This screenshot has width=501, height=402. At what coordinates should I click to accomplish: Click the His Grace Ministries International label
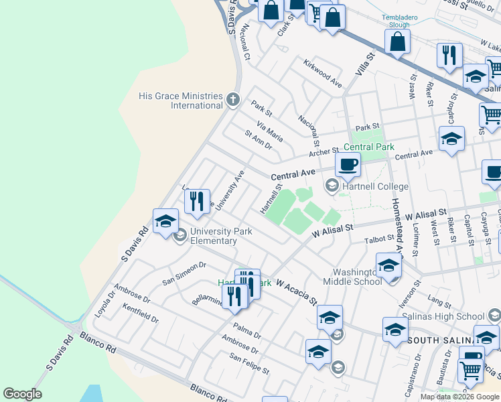[181, 100]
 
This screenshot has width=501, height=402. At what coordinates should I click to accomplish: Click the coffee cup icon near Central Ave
[348, 165]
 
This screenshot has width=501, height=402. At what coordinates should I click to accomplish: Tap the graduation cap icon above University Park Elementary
[165, 222]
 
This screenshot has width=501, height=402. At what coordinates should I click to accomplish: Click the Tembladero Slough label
[400, 20]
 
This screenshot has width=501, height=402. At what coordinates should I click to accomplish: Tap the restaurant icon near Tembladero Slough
[449, 55]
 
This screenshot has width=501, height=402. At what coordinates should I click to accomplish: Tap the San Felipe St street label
[249, 365]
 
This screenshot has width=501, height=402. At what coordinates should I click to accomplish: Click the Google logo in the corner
[22, 394]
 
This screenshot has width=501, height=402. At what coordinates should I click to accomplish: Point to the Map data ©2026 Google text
[459, 397]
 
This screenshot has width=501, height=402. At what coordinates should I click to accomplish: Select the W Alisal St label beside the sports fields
[332, 229]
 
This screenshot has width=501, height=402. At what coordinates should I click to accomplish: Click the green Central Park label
[368, 147]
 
